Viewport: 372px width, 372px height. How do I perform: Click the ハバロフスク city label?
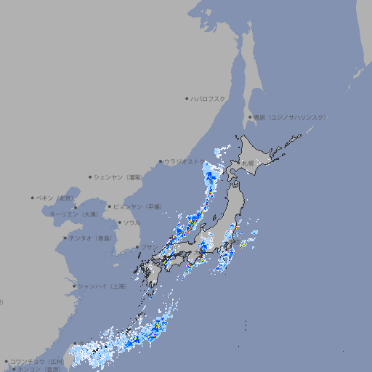coord(208,98)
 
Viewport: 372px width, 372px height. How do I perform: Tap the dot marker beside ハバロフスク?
coord(187,98)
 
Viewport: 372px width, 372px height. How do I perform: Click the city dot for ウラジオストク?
coord(161,161)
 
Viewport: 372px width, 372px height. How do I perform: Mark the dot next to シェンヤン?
coord(90,177)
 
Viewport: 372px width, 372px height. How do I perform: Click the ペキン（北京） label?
coord(56,198)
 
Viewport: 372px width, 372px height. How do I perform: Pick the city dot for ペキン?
coord(33,198)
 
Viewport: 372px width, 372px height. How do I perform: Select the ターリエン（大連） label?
coord(73,214)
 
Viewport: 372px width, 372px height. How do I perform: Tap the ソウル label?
coord(132,222)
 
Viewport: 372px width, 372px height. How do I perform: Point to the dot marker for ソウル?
coord(119,222)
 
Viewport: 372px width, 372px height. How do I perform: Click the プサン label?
coord(147,247)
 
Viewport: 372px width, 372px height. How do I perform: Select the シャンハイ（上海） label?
coord(101,286)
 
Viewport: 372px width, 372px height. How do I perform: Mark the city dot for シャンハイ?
coord(73,286)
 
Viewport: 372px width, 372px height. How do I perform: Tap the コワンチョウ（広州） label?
coord(37,361)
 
